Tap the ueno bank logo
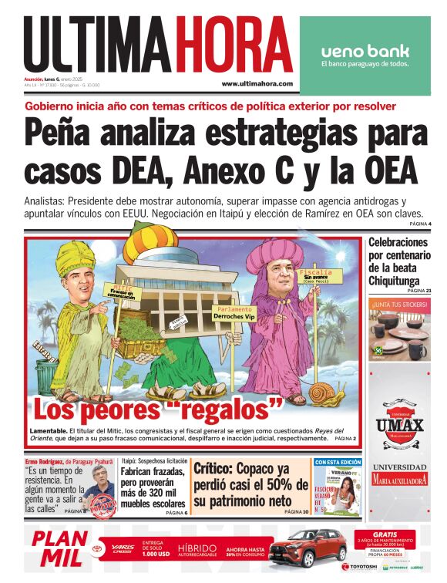pyautogui.click(x=365, y=52)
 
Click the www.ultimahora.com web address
pyautogui.click(x=257, y=84)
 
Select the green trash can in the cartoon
pyautogui.click(x=49, y=377)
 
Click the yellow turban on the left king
pyautogui.click(x=72, y=255)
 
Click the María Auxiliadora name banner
pyautogui.click(x=398, y=480)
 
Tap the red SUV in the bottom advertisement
pyautogui.click(x=308, y=548)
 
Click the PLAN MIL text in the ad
pyautogui.click(x=55, y=548)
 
